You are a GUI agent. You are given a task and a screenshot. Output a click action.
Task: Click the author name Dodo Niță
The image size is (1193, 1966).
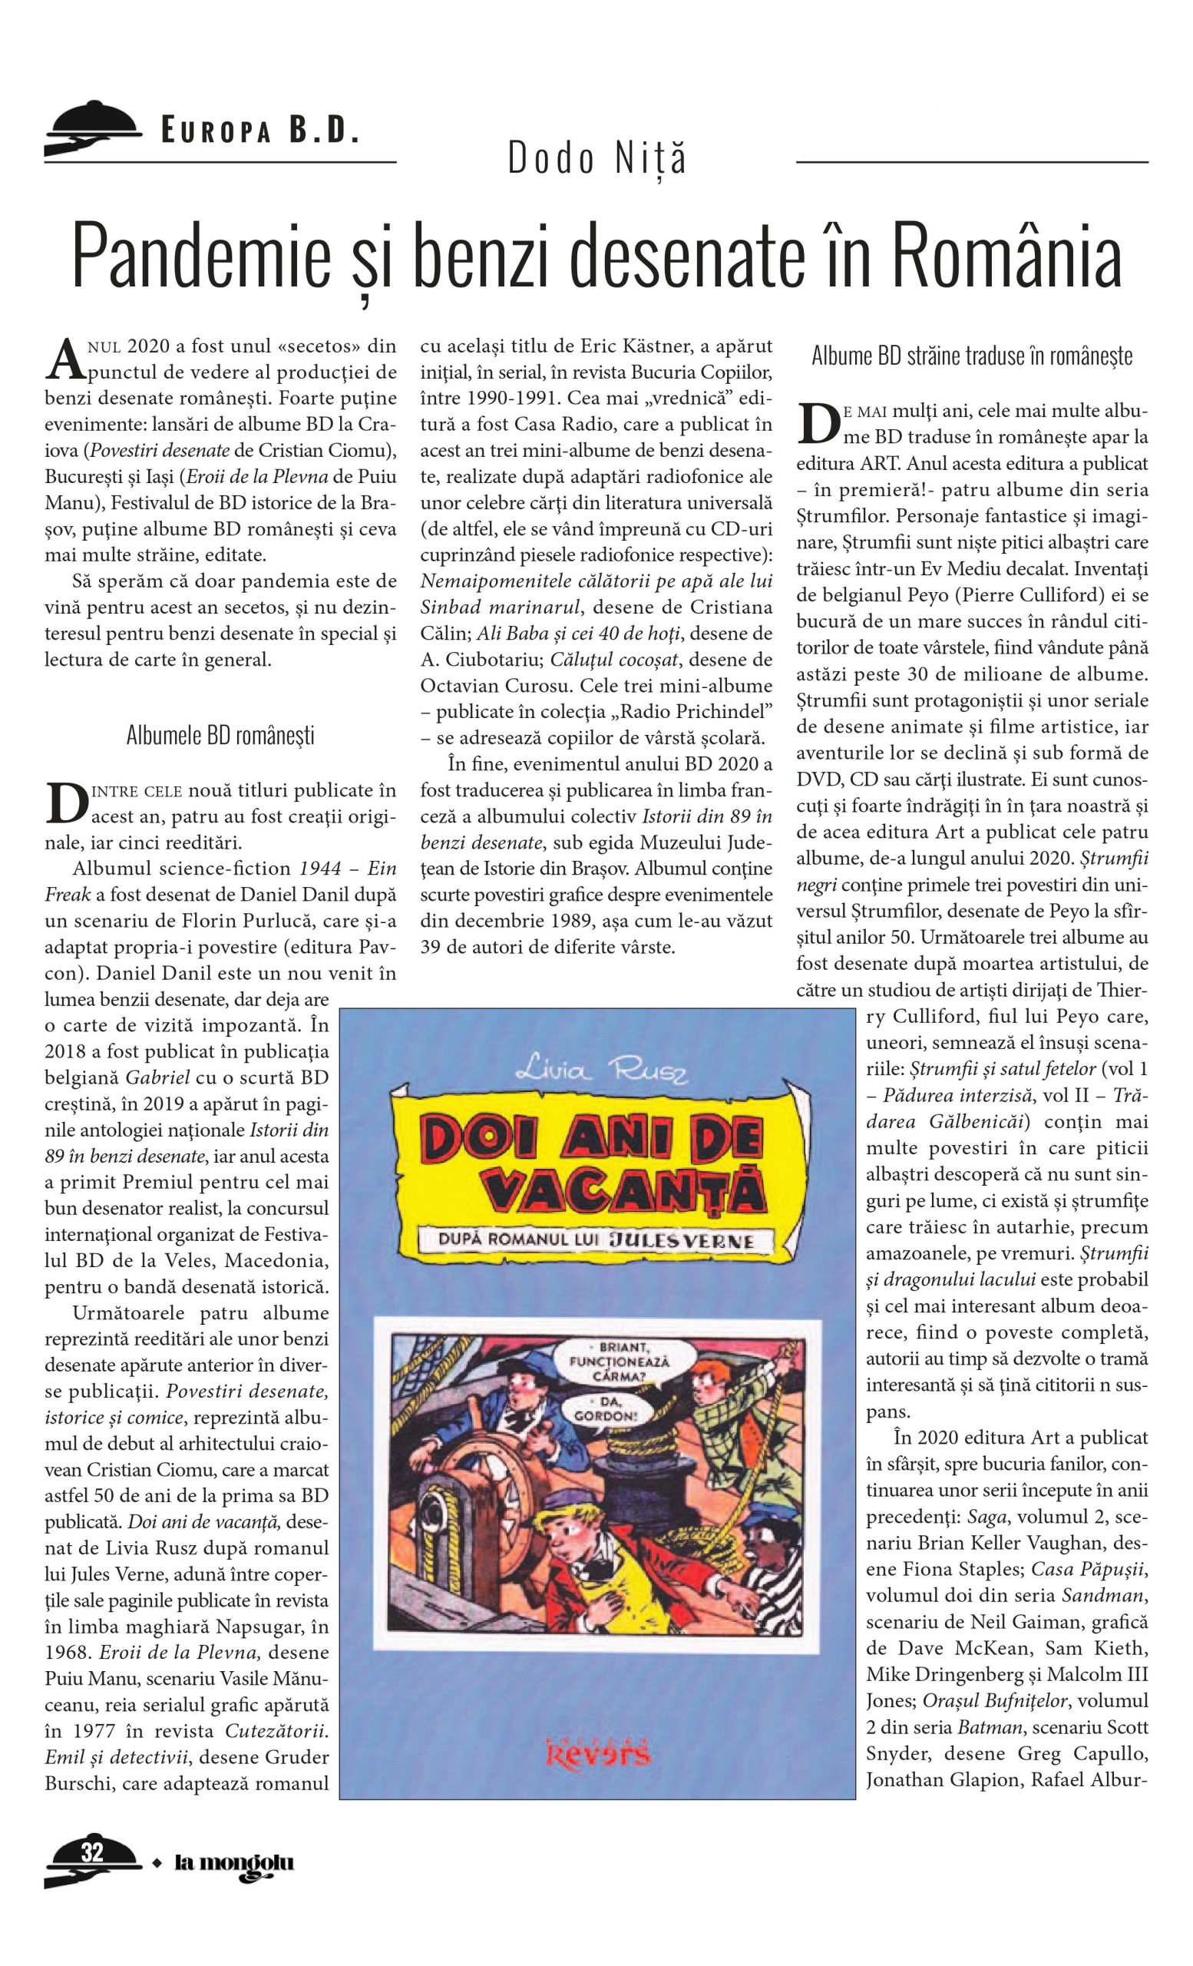[x=596, y=158]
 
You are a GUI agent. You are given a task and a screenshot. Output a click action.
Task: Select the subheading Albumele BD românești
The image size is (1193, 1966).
[x=220, y=735]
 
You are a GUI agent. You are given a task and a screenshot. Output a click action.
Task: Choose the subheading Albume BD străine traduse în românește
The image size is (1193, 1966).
[x=971, y=356]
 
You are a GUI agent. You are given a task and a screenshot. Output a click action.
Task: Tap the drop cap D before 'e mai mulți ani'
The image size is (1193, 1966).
[x=818, y=424]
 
